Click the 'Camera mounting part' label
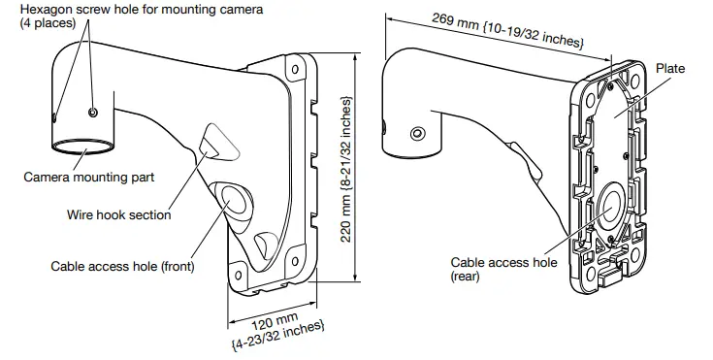coord(88,177)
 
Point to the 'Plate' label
coord(669,69)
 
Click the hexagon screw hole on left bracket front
coord(92,114)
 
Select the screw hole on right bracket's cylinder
coord(417,133)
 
